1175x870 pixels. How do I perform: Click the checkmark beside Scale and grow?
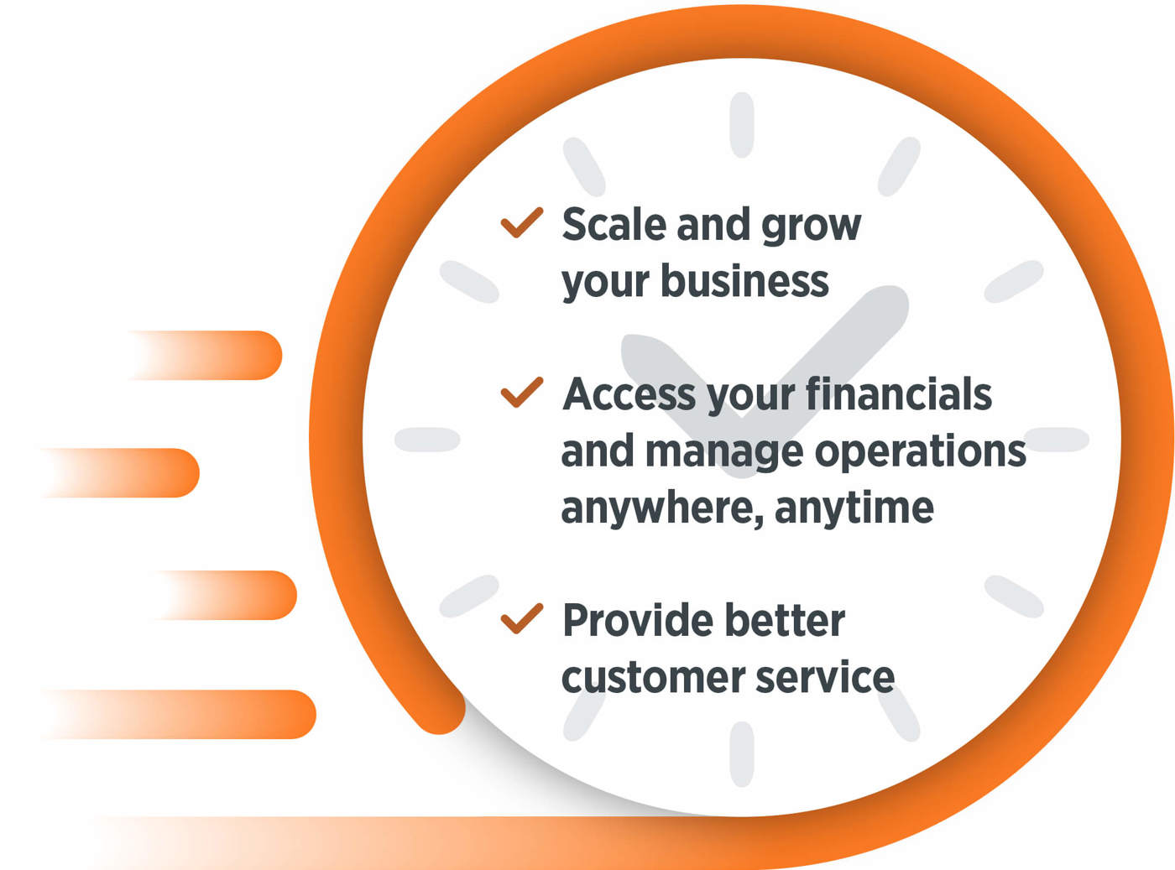(521, 222)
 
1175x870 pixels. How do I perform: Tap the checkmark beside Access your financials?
(521, 393)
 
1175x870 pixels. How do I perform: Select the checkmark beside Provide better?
(521, 618)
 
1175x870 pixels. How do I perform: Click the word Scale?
(614, 224)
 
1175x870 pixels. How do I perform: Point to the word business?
(744, 281)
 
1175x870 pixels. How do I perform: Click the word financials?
(899, 394)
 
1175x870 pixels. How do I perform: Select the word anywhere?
(662, 508)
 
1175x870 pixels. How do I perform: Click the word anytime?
(854, 508)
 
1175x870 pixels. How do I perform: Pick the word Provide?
(638, 620)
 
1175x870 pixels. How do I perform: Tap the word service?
(825, 677)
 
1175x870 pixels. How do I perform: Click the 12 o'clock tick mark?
(742, 125)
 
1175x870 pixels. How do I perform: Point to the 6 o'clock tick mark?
(742, 754)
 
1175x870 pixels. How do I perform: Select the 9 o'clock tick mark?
(427, 439)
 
